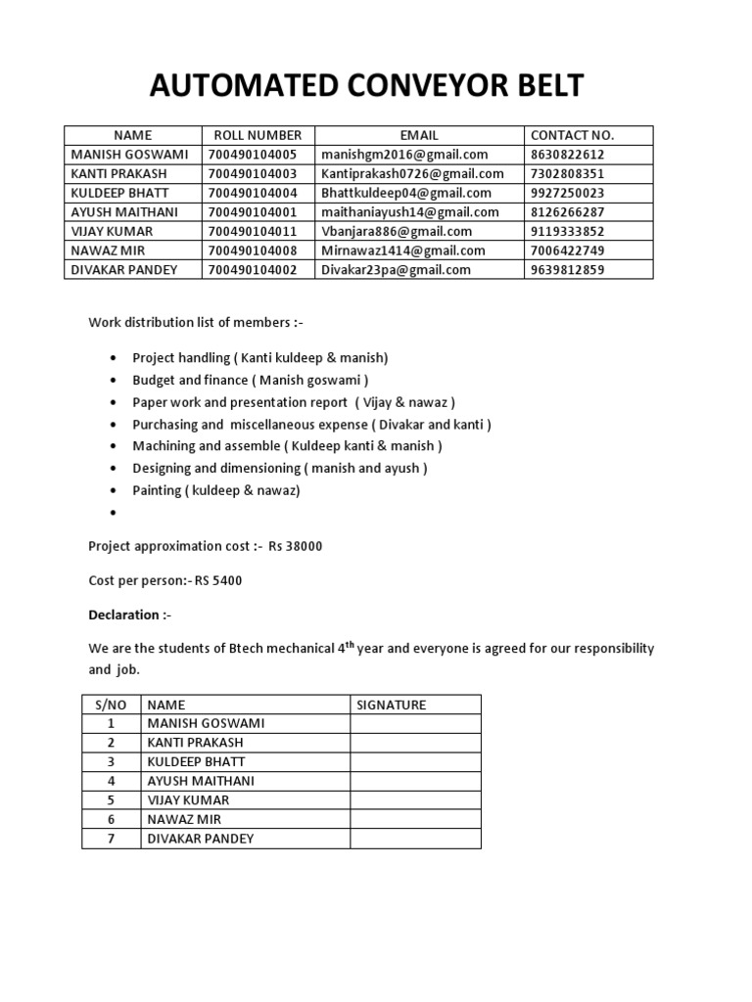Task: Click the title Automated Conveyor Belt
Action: (x=366, y=86)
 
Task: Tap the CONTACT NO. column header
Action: (x=572, y=135)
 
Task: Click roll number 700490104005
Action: (x=253, y=155)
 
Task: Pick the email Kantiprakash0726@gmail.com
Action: (x=412, y=173)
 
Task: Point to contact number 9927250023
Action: (x=567, y=193)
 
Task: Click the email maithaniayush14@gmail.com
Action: (x=409, y=212)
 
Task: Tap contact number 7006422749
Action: (x=567, y=250)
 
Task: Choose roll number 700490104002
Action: (x=253, y=270)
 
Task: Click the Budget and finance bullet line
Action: (x=251, y=380)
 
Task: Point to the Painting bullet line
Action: (x=216, y=490)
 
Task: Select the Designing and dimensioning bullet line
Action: (x=280, y=468)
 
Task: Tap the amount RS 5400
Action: (x=218, y=580)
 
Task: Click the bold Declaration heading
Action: (x=124, y=615)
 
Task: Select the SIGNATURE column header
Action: (x=391, y=705)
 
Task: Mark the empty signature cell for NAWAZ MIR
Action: (x=414, y=819)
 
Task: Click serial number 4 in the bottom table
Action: (x=112, y=781)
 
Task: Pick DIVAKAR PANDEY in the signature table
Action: (x=200, y=839)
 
